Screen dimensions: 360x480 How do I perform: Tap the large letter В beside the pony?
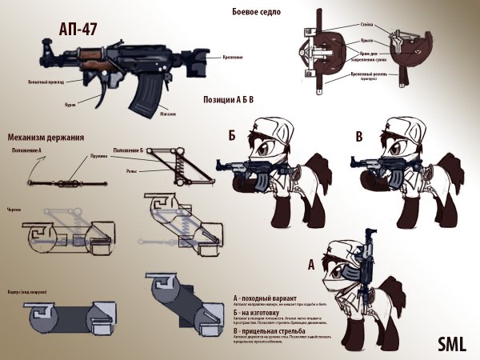pyautogui.click(x=358, y=137)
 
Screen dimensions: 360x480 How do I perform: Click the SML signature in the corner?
pyautogui.click(x=452, y=344)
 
